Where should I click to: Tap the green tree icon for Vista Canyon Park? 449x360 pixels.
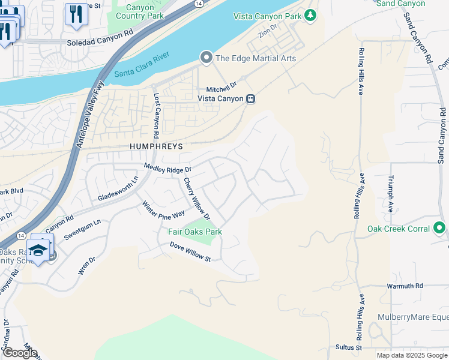(310, 16)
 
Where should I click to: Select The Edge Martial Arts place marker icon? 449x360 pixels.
(206, 58)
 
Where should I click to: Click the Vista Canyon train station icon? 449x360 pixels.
(252, 98)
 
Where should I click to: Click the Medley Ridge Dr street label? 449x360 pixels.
(167, 168)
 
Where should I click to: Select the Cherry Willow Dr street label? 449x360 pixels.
(197, 198)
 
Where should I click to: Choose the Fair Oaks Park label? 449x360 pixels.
(195, 232)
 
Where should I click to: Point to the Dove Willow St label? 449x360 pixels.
(190, 253)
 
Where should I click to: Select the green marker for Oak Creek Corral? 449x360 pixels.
(439, 229)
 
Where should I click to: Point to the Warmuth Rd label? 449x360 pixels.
(405, 286)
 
